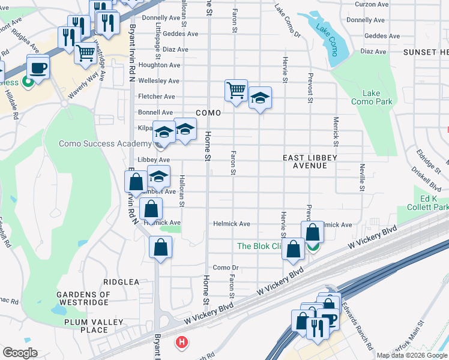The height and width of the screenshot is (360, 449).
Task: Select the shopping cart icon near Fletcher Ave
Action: tap(236, 91)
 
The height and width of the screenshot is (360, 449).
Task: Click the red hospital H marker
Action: tap(181, 343)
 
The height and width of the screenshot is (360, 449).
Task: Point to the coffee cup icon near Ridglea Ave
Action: tap(38, 67)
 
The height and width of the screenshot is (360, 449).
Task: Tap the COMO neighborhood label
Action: tap(208, 113)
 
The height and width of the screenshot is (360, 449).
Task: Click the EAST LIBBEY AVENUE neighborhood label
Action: tap(310, 161)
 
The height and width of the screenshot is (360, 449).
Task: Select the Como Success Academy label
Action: tap(105, 143)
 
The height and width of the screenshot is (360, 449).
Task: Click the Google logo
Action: tap(20, 353)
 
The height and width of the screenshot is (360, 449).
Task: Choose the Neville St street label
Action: tap(362, 178)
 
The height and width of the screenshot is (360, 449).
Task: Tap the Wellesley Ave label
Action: tap(159, 81)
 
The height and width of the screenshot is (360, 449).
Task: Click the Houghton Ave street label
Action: tap(159, 65)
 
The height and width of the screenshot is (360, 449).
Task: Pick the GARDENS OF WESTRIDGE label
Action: tap(83, 299)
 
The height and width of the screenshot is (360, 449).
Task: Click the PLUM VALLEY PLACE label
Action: tap(86, 326)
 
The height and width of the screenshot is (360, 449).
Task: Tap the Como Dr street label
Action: tap(226, 268)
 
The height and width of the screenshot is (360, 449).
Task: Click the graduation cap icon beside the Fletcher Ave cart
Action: tap(260, 98)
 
